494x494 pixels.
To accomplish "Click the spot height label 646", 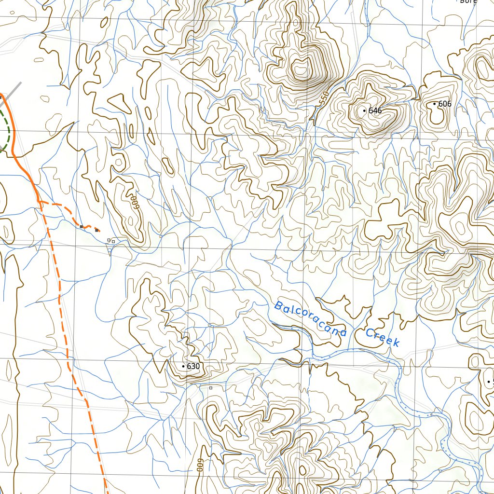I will click(375, 111).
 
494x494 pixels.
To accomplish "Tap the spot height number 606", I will click(445, 104).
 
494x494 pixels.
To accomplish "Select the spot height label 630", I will click(193, 367).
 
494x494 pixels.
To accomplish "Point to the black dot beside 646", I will click(364, 111).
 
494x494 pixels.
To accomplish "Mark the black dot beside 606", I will click(434, 104).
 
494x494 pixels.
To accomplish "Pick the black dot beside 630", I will click(183, 367).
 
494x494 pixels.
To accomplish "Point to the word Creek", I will click(383, 337).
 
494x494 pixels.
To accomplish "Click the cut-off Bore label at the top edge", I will click(468, 2).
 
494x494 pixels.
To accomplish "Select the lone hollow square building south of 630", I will click(210, 387).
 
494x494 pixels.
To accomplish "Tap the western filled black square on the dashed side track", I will click(82, 226).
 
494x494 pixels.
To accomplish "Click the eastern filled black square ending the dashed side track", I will click(97, 230).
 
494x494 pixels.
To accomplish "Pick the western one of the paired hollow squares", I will click(109, 240).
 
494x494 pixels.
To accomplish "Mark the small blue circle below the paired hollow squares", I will click(110, 249).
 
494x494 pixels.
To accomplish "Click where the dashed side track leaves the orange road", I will click(39, 202).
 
